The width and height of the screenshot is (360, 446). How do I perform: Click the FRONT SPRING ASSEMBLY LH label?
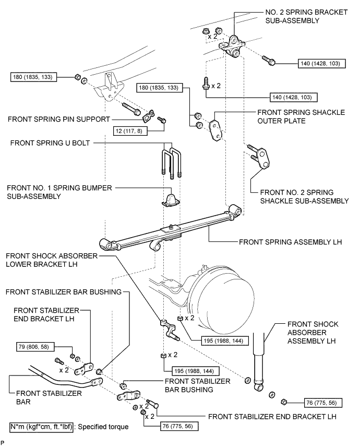pyautogui.click(x=290, y=242)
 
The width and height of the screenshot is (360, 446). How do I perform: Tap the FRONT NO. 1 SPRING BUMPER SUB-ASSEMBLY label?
pyautogui.click(x=50, y=191)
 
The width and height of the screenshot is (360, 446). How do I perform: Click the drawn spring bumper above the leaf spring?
pyautogui.click(x=172, y=200)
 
